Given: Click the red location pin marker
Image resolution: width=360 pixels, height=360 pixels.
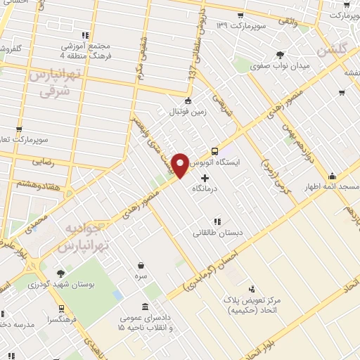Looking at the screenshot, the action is (181, 165).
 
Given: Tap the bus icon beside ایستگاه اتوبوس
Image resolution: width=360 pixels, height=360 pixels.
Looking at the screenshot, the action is (214, 150).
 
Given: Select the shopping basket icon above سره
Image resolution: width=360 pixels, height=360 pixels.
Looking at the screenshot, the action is (143, 265).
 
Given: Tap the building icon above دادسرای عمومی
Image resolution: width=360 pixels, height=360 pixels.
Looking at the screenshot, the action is (145, 307).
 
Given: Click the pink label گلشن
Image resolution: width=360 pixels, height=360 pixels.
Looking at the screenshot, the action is (332, 51).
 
